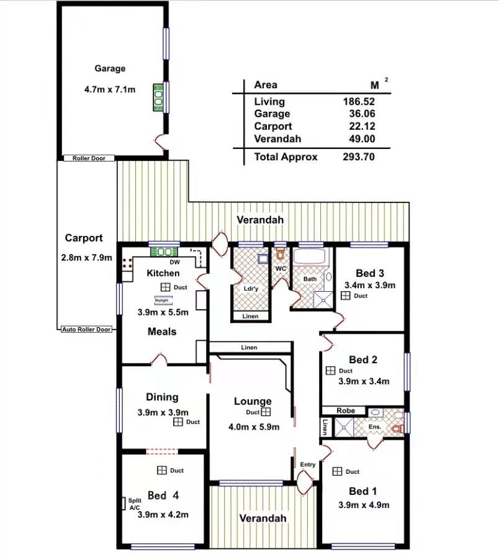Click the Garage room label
point(110,68)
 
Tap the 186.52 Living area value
point(359,102)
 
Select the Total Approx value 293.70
point(359,156)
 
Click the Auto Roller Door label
point(86,329)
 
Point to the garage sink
point(158,97)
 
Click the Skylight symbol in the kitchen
point(163,301)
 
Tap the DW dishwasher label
point(174,262)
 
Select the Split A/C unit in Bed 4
point(124,504)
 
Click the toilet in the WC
point(280,253)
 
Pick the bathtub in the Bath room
point(309,256)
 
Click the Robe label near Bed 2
point(346,410)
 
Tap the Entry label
point(308,464)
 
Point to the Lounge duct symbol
point(266,412)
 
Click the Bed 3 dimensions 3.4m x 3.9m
point(370,285)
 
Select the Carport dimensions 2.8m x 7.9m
point(87,258)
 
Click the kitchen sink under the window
point(164,252)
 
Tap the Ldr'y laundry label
point(251,289)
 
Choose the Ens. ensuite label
point(375,426)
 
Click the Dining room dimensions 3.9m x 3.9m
point(163,412)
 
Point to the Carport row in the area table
point(314,126)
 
